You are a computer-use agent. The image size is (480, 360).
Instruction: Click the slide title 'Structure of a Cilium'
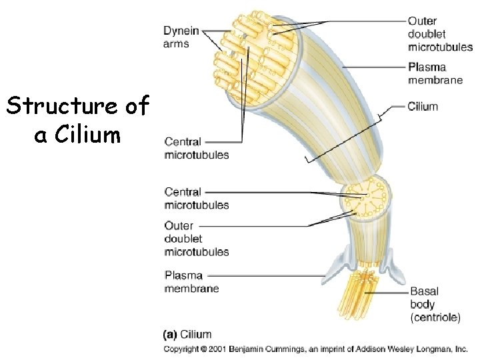coord(77,120)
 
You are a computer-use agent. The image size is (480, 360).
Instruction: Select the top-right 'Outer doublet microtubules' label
coord(440,34)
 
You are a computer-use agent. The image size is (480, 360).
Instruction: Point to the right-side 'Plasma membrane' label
coord(435,73)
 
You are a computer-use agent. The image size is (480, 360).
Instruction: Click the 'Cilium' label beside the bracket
coord(423,106)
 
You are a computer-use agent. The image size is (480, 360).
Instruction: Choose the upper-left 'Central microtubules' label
coord(197,148)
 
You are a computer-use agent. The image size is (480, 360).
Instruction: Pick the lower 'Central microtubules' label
coord(197,199)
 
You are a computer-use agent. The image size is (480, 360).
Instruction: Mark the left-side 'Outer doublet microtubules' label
coord(197,239)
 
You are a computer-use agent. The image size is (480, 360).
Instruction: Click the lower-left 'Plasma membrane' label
coord(191,282)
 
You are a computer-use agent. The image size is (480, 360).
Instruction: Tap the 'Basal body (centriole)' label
coord(435,305)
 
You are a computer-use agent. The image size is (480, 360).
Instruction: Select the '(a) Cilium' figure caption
coord(187,335)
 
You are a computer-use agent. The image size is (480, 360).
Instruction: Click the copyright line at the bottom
coord(315,349)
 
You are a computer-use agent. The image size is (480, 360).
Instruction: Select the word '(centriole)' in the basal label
coord(435,318)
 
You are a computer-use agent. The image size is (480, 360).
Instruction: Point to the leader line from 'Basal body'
coord(390,291)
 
